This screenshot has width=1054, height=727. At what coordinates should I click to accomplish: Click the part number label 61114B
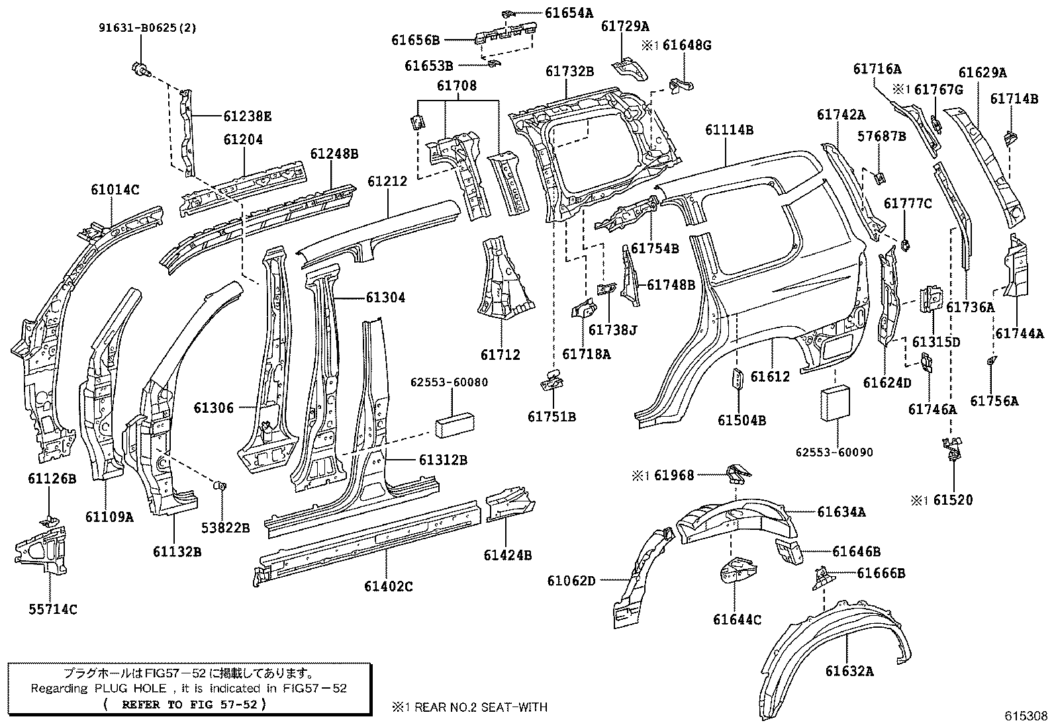pyautogui.click(x=729, y=130)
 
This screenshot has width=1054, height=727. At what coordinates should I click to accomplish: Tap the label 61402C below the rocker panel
pyautogui.click(x=388, y=586)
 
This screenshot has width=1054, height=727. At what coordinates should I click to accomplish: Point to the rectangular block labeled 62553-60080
pyautogui.click(x=454, y=425)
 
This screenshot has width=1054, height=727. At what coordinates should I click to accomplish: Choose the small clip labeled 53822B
pyautogui.click(x=221, y=486)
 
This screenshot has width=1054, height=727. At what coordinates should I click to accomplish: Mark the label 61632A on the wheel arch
pyautogui.click(x=849, y=671)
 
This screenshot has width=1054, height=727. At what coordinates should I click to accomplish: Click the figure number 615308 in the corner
pyautogui.click(x=1026, y=716)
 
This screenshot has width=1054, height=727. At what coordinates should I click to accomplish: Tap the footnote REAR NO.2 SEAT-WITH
pyautogui.click(x=477, y=707)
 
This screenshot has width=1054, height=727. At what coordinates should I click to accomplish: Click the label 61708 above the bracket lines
pyautogui.click(x=456, y=86)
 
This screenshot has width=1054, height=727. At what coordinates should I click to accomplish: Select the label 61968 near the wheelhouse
pyautogui.click(x=674, y=475)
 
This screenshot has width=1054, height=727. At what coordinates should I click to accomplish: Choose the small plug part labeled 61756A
pyautogui.click(x=991, y=361)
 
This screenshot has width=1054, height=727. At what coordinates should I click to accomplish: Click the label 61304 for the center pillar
pyautogui.click(x=385, y=298)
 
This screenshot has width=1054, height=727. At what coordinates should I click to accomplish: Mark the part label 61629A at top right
pyautogui.click(x=982, y=73)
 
